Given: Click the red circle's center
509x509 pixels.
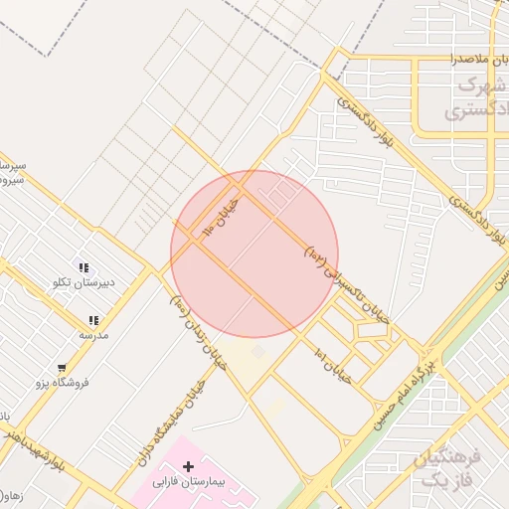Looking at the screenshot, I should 254,254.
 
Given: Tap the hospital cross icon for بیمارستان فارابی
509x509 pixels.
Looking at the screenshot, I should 188,465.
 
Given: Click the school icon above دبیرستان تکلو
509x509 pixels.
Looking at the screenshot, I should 85,267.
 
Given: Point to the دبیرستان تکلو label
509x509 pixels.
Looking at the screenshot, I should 85,282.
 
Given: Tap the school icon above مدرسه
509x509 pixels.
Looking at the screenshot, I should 93,320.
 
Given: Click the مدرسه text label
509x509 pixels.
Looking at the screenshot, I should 93,335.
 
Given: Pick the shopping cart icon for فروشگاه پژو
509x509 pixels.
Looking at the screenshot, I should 62,367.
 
